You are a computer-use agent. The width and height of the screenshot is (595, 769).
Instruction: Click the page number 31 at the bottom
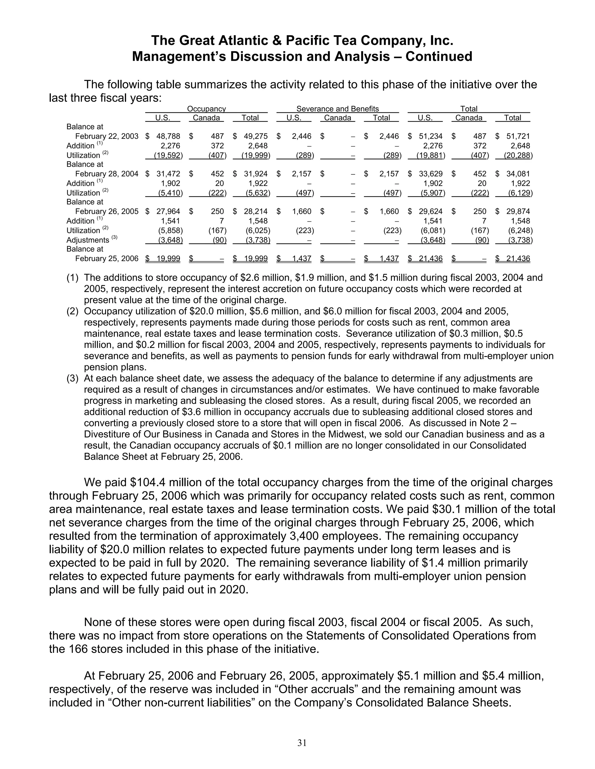point(302,743)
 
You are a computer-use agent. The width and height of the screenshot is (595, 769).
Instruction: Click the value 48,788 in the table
point(168,136)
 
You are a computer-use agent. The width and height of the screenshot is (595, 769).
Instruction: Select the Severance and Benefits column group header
point(337,109)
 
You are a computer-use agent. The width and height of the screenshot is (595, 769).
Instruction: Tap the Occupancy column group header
point(206,109)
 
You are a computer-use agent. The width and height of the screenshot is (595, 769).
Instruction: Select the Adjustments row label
point(88,240)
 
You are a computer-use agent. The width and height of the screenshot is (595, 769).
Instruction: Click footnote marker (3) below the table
point(73,378)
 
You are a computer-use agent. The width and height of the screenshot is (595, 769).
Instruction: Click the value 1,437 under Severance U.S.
point(301,259)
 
